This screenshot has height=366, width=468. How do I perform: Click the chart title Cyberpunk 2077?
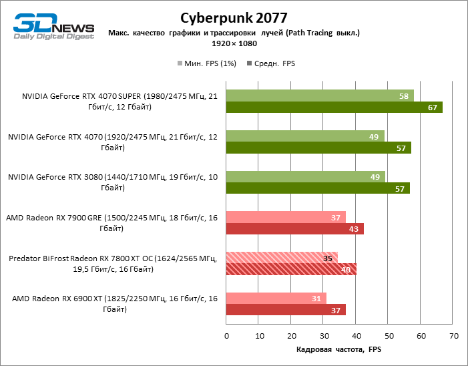point(233,17)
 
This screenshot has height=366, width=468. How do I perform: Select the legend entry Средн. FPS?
point(271,64)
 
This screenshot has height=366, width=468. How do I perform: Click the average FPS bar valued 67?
point(334,108)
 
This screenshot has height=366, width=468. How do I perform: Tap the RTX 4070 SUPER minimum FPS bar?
point(320,96)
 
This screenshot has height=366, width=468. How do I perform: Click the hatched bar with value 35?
point(282,258)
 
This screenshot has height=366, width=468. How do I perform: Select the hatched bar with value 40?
point(291,269)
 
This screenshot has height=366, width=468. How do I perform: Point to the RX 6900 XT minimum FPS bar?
point(276,298)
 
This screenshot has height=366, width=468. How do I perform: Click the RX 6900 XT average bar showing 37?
point(286,310)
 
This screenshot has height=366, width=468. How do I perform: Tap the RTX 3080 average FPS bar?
point(318,188)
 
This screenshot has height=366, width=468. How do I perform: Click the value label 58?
point(404,96)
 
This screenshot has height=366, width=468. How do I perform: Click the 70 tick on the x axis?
point(453,335)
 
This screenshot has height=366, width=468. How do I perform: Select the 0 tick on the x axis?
point(227,335)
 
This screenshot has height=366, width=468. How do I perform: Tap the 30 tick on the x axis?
point(324,335)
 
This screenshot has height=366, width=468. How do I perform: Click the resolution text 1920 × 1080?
point(233,43)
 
